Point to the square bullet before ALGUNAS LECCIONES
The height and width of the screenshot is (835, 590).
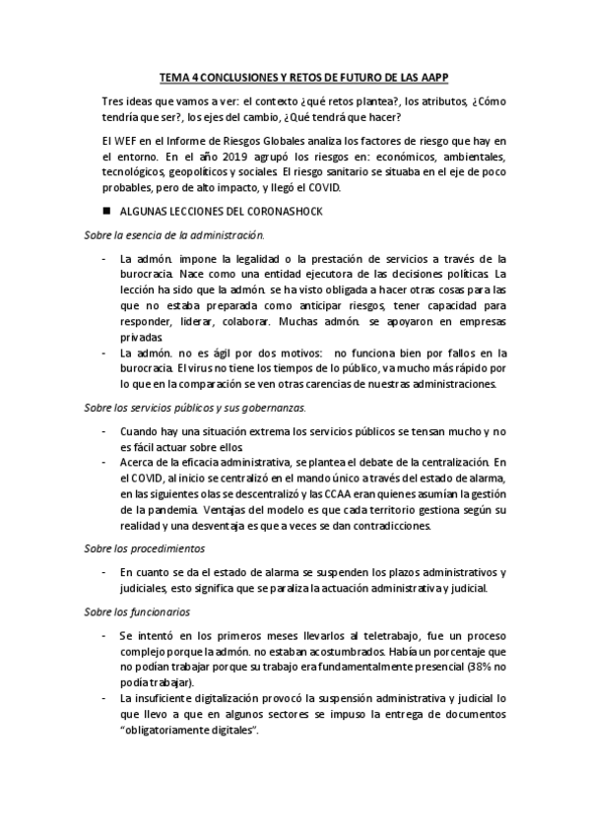(x=106, y=212)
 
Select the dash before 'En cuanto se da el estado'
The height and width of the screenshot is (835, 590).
(x=105, y=572)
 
